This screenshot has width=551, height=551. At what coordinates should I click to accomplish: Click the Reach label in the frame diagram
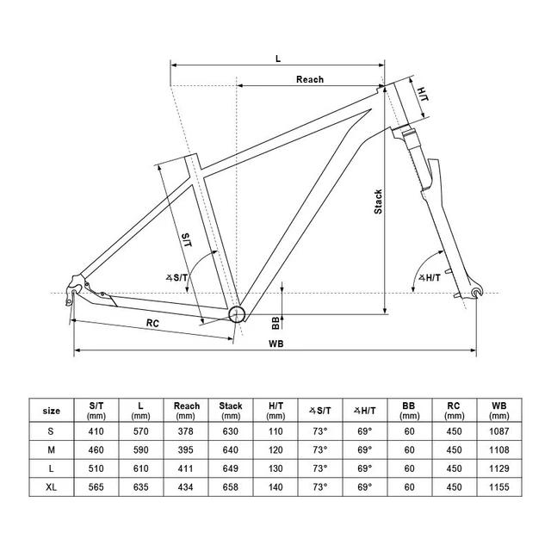coord(310,79)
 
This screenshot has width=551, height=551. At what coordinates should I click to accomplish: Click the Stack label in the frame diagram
coord(378,202)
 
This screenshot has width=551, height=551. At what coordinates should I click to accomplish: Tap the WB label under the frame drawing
coord(276,343)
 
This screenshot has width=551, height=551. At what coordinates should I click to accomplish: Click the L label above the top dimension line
coord(277,59)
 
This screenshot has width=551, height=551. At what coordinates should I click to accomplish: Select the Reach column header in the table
coord(187,411)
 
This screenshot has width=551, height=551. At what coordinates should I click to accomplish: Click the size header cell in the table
coord(52,411)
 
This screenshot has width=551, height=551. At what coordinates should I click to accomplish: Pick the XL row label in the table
coord(52,487)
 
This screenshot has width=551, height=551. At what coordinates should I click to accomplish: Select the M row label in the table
coord(52,449)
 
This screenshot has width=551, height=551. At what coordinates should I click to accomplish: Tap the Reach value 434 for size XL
coord(187,487)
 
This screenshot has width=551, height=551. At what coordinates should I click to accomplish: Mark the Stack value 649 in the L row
coord(231,468)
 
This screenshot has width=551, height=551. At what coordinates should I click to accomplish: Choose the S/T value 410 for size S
coord(96,430)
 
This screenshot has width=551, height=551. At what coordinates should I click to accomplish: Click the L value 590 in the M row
coord(141,449)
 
